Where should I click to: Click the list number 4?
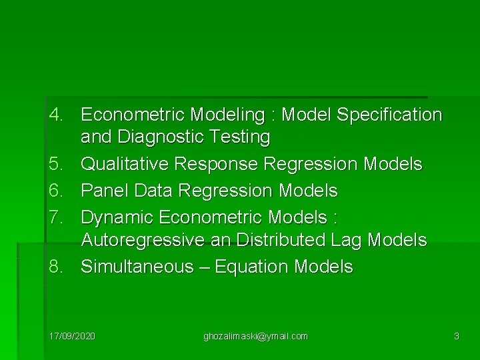pos(56,115)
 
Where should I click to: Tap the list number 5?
pos(56,164)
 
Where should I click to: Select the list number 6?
pos(56,191)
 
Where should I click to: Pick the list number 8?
pos(56,267)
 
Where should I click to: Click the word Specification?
pos(389,115)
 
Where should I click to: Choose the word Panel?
pos(105,191)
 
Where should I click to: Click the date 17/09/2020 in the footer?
pos(73,336)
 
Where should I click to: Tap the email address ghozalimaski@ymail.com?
pos(255,336)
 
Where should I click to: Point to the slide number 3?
pos(456,336)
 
